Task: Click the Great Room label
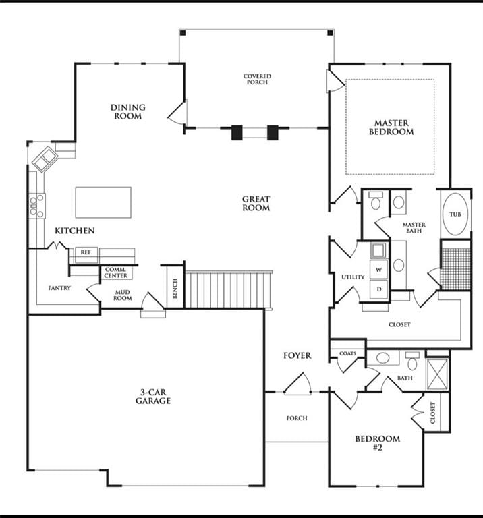256,204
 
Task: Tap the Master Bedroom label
391,127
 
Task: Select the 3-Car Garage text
153,397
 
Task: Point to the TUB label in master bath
455,214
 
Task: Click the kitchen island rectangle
103,202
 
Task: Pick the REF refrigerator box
86,255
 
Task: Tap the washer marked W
378,270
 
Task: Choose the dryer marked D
378,289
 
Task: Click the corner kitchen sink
45,159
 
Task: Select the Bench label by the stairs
175,288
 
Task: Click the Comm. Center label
115,273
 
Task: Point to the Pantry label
59,288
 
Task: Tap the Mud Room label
123,295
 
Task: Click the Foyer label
297,356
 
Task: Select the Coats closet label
348,353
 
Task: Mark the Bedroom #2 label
378,443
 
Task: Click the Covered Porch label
257,79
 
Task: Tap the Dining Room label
128,112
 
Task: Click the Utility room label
353,277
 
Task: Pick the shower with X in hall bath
437,374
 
